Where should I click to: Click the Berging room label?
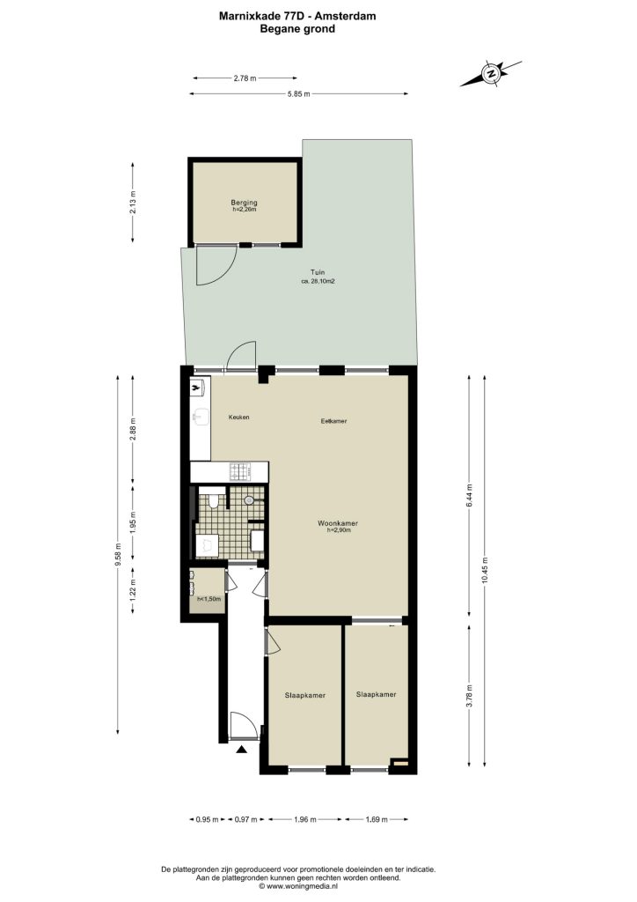click(x=244, y=203)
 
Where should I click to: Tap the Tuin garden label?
click(x=318, y=273)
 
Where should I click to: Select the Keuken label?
click(x=239, y=417)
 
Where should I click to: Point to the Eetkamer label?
click(x=333, y=421)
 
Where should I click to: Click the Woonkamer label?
click(x=338, y=523)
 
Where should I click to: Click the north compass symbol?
click(x=491, y=74)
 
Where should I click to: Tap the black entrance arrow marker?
click(x=242, y=749)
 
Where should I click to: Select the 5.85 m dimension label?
click(x=298, y=93)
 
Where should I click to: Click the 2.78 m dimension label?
click(x=245, y=78)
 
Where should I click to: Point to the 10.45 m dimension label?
click(x=486, y=571)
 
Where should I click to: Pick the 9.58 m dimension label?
click(x=118, y=555)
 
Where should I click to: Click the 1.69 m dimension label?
click(x=377, y=819)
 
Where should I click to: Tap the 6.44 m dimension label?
click(x=469, y=495)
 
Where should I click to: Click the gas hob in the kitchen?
click(x=240, y=472)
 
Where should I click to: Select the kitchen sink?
click(x=201, y=417)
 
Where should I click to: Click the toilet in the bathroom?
click(x=213, y=500)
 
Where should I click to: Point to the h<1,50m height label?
click(x=209, y=599)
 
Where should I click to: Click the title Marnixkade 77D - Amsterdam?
click(x=297, y=16)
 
